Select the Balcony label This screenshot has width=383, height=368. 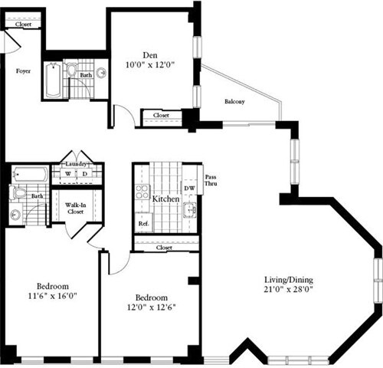tap(235, 102)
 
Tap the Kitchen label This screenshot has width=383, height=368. tap(165, 199)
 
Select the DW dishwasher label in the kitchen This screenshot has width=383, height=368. tap(188, 187)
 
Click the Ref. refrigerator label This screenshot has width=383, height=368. tap(143, 224)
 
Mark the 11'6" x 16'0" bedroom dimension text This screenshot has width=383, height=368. tap(50, 292)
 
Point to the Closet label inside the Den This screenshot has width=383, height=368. tap(161, 116)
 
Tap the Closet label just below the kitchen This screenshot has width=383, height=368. tap(163, 248)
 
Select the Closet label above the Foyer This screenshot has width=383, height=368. tap(23, 25)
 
